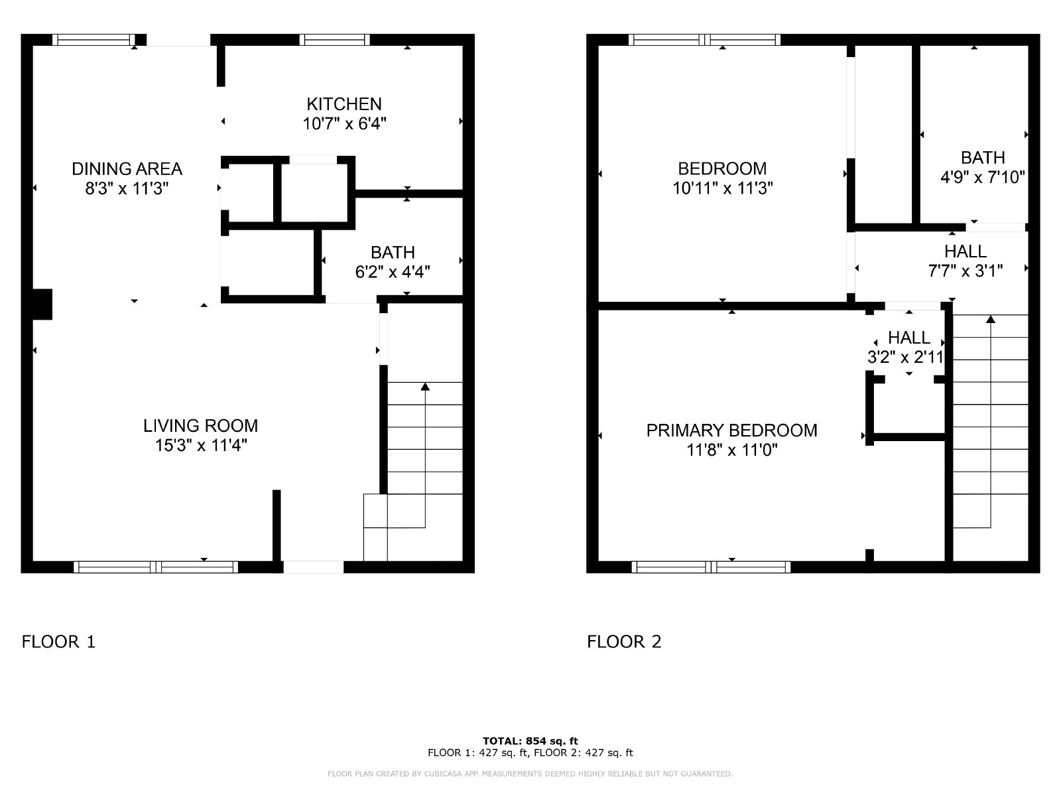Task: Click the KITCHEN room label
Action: click(343, 104)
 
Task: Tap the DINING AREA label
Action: click(127, 168)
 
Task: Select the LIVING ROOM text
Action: click(201, 426)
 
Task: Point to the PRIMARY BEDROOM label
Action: click(731, 430)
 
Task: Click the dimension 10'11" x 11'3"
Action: click(723, 188)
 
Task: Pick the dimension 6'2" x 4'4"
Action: click(393, 272)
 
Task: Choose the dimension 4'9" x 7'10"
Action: click(982, 177)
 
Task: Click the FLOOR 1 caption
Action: click(58, 641)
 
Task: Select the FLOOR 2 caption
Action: click(624, 641)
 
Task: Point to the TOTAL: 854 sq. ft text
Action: click(530, 741)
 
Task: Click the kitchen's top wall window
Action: click(334, 40)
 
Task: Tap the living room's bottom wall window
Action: click(156, 567)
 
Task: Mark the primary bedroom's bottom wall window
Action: click(711, 567)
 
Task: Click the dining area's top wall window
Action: click(94, 40)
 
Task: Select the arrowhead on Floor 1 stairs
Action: click(425, 387)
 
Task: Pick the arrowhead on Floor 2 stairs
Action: click(991, 319)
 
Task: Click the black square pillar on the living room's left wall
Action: click(42, 304)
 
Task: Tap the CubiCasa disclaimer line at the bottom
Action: click(530, 773)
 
